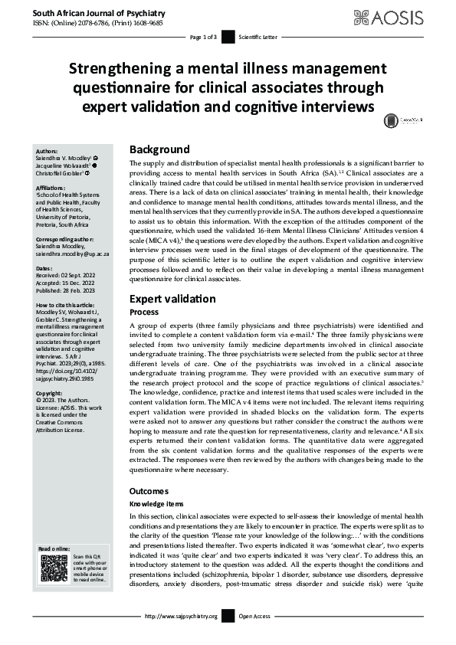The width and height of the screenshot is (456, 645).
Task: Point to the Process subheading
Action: (145, 313)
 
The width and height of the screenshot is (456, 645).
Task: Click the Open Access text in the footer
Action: (254, 617)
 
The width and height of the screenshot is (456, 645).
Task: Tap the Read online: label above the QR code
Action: (54, 548)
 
